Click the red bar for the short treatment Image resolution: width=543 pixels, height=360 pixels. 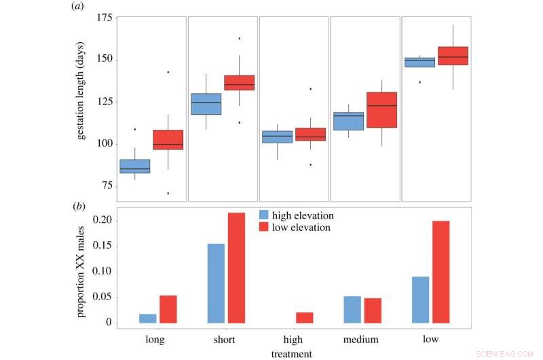pos(237,268)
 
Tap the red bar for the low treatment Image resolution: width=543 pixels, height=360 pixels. pos(441,272)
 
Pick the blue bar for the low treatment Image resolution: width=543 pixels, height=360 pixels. pos(420,300)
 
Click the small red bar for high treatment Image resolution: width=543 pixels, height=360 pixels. pos(305,317)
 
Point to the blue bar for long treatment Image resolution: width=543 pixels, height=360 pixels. pos(147,318)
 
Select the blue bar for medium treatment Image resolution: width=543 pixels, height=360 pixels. pos(352,309)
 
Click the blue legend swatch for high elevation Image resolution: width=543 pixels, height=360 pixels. pos(264,215)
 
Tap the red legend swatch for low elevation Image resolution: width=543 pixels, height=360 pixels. pos(264,228)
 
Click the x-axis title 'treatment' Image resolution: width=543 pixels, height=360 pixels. pos(291,353)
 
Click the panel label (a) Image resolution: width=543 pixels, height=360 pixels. pos(77,6)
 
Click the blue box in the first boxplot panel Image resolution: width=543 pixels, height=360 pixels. pos(134,166)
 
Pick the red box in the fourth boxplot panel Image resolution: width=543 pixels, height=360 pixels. pos(381,109)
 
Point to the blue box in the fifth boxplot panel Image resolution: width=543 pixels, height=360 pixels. pos(419,62)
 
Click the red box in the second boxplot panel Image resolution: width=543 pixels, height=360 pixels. pos(239,83)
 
